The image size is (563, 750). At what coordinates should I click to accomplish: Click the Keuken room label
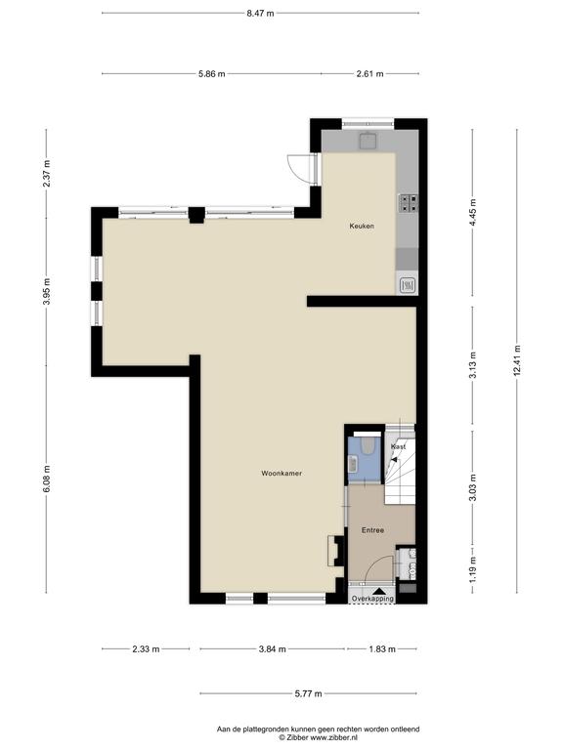(362, 226)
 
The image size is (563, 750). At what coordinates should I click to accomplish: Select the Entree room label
(372, 530)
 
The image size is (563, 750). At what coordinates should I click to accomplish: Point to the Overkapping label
(372, 599)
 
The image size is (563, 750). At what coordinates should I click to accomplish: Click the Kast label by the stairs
(398, 446)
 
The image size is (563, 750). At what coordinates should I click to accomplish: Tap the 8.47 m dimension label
(260, 14)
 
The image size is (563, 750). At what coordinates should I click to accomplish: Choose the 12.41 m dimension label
(516, 361)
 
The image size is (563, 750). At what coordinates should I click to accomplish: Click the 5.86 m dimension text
(211, 73)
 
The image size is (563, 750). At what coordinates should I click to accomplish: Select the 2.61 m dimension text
(370, 73)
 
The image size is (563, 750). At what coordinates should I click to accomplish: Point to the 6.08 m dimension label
(47, 479)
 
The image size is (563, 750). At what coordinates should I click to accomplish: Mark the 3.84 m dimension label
(272, 649)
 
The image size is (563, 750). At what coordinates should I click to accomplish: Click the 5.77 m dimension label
(308, 693)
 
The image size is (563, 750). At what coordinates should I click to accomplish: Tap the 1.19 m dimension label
(472, 569)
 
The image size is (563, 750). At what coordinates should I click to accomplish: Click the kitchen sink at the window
(368, 141)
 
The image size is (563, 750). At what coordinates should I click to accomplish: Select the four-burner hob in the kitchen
(409, 203)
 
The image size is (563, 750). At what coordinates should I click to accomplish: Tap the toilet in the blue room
(368, 445)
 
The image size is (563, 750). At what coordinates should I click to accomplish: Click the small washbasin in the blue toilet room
(353, 464)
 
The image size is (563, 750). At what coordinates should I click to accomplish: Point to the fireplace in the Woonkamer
(336, 551)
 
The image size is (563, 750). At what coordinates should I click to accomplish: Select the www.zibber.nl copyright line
(319, 737)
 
